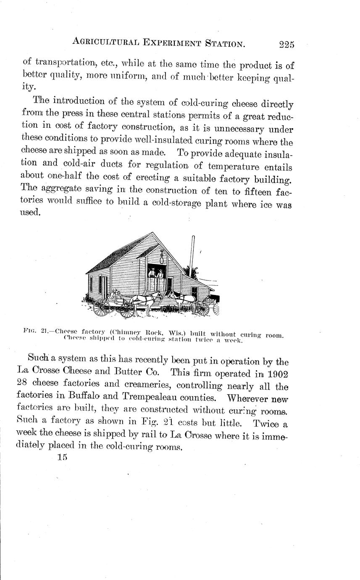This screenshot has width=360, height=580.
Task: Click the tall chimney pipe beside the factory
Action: [192, 256]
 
